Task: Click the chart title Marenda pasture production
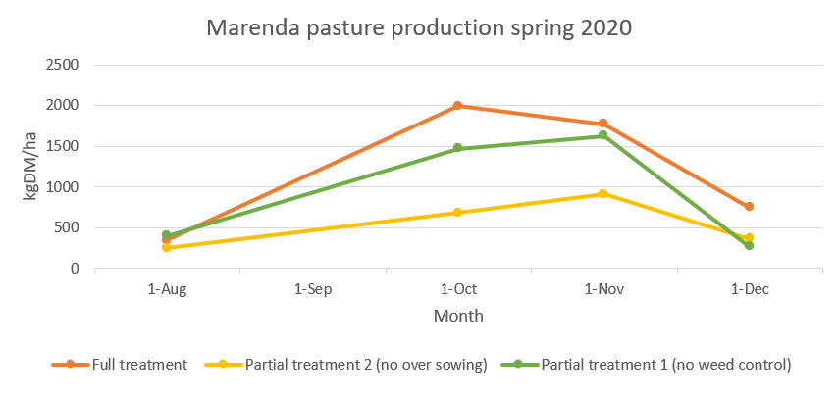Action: [419, 27]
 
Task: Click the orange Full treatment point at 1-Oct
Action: [457, 106]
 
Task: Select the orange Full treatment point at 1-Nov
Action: [602, 124]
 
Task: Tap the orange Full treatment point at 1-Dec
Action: [749, 206]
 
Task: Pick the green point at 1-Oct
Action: [457, 148]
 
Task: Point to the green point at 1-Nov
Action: [602, 135]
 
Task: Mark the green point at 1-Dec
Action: [749, 245]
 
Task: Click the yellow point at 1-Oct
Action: [457, 212]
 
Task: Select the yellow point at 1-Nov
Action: [602, 194]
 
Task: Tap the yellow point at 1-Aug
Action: [167, 247]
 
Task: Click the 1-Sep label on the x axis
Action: [312, 290]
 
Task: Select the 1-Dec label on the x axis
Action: [749, 290]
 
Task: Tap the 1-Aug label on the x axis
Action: [167, 290]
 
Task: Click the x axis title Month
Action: [458, 317]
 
